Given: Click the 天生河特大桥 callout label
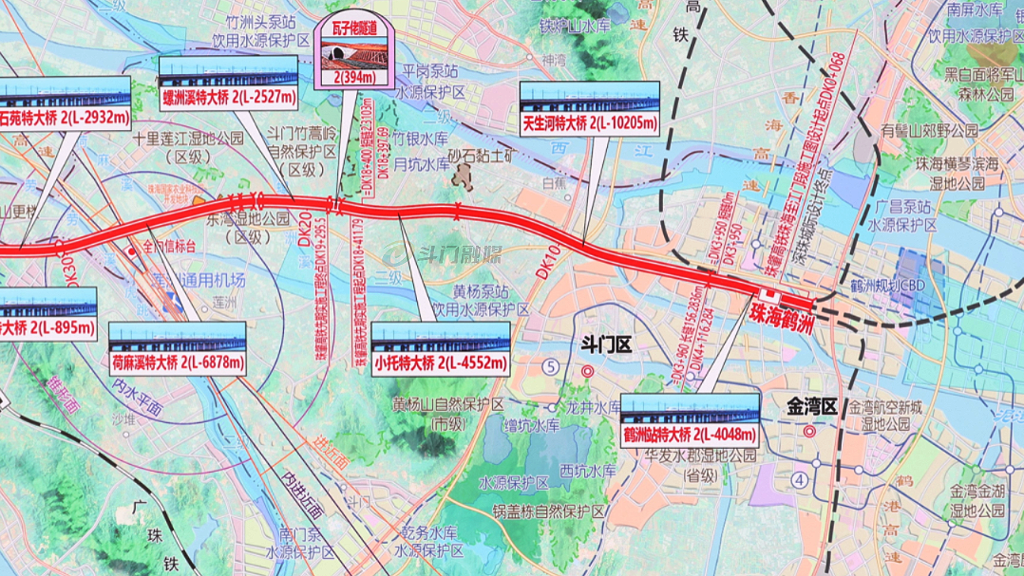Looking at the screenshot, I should click(589, 123).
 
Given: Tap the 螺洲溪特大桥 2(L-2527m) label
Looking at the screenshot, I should click(229, 97).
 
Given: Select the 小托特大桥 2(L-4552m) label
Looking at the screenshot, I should click(441, 362).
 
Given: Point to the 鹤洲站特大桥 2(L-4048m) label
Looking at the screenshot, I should click(690, 435).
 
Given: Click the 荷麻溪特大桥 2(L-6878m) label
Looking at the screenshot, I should click(178, 362).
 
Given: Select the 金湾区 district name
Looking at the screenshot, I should click(810, 406).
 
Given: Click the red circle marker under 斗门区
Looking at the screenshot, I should click(588, 372).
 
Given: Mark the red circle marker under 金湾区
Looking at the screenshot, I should click(809, 431).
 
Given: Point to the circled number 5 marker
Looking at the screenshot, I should click(551, 367).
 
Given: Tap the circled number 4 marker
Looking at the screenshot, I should click(801, 480).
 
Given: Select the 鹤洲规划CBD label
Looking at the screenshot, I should click(889, 286).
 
